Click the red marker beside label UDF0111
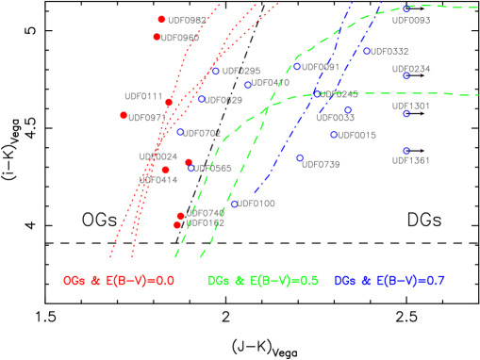click(x=169, y=103)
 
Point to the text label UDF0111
click(x=143, y=96)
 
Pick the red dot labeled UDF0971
click(x=124, y=115)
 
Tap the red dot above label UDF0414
click(x=166, y=170)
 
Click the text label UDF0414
click(x=158, y=180)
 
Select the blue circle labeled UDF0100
click(x=234, y=204)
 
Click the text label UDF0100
click(x=257, y=204)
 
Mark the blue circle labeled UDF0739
click(x=300, y=158)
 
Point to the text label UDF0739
click(x=321, y=165)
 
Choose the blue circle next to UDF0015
click(x=334, y=135)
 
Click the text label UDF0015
click(x=356, y=136)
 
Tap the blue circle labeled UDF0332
click(x=367, y=52)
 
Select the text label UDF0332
click(x=389, y=52)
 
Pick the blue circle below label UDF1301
click(x=406, y=114)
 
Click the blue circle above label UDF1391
click(x=406, y=151)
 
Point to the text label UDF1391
click(x=411, y=161)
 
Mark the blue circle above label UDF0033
click(x=348, y=110)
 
